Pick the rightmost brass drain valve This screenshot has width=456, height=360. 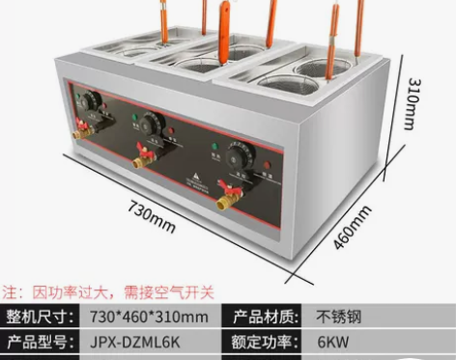tap(226, 200)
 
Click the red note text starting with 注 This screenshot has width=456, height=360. tap(107, 291)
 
